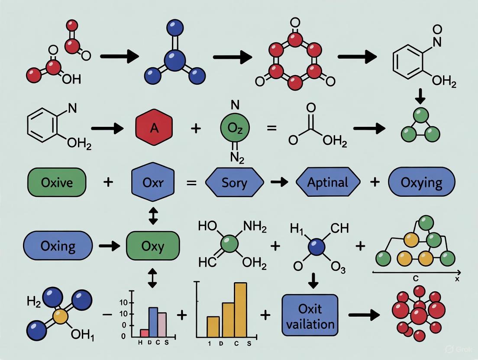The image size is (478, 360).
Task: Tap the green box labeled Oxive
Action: pos(57,183)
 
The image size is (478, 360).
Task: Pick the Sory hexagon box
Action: pos(234,183)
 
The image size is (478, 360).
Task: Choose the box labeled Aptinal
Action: pos(327,183)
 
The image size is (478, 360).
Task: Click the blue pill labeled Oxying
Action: pos(421,183)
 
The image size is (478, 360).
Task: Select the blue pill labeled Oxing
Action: pos(58,246)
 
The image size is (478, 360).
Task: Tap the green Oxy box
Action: pos(152,246)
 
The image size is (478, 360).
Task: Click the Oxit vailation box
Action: pos(310,315)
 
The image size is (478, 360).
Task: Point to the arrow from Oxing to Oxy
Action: pos(109,246)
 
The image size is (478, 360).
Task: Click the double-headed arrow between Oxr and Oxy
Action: pos(153,215)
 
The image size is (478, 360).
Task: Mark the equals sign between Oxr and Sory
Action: pos(191,183)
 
